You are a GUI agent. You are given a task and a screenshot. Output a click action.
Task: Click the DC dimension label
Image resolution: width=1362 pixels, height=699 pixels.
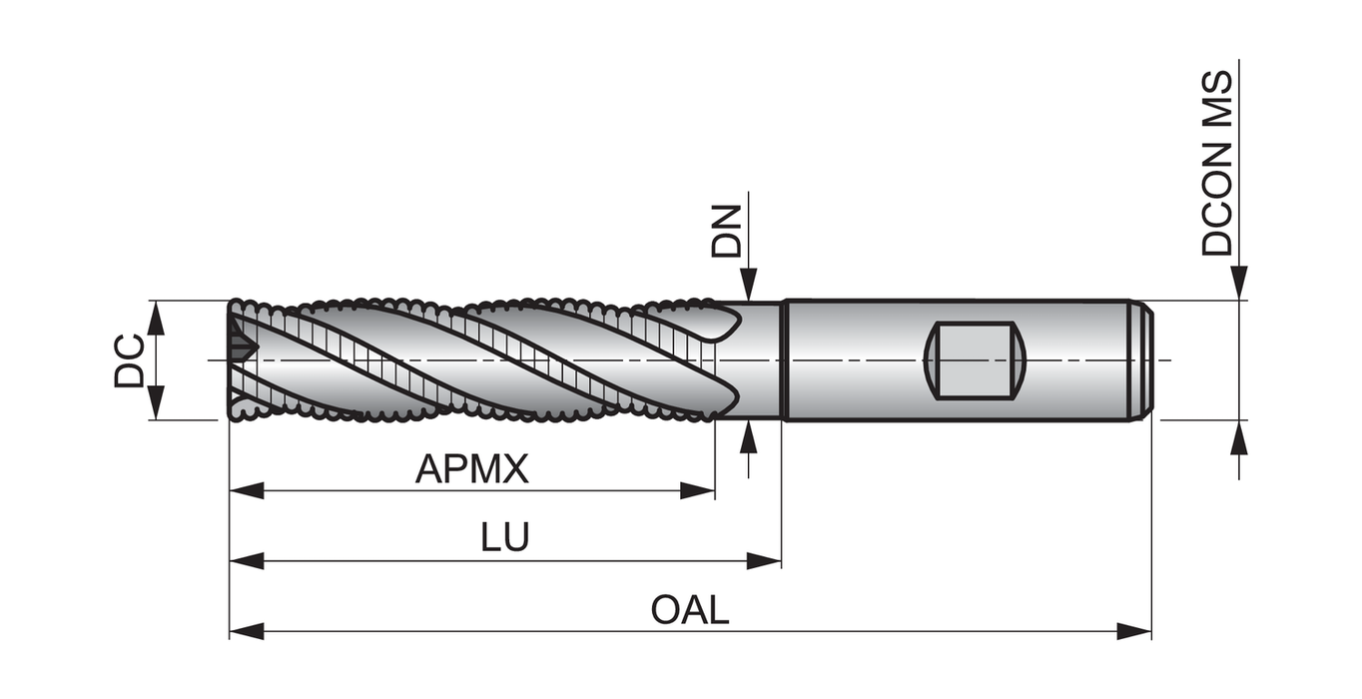pyautogui.click(x=129, y=360)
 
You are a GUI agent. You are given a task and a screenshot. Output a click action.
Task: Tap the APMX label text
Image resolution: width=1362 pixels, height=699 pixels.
pyautogui.click(x=471, y=468)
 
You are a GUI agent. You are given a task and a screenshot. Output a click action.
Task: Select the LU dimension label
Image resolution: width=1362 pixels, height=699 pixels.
pyautogui.click(x=505, y=537)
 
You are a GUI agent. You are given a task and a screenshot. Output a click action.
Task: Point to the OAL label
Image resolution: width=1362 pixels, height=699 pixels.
pyautogui.click(x=690, y=609)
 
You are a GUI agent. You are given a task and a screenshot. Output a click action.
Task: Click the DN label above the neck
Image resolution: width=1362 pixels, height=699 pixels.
pyautogui.click(x=727, y=232)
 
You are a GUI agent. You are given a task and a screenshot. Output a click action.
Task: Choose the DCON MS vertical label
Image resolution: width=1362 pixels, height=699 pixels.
pyautogui.click(x=1218, y=163)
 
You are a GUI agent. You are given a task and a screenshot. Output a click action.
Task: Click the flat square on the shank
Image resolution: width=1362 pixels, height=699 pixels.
pyautogui.click(x=975, y=360)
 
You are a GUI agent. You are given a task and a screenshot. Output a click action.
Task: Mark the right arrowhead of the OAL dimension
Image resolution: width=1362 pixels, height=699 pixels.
pyautogui.click(x=1134, y=631)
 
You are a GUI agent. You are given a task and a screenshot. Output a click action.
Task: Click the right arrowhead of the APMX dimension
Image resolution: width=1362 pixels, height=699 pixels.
pyautogui.click(x=698, y=490)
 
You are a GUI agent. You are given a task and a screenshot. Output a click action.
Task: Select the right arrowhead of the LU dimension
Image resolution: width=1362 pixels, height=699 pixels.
pyautogui.click(x=764, y=560)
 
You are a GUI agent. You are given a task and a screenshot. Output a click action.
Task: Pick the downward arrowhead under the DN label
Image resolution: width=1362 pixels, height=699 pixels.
pyautogui.click(x=748, y=284)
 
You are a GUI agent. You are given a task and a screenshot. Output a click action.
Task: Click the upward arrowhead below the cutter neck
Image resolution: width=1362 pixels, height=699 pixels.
pyautogui.click(x=748, y=436)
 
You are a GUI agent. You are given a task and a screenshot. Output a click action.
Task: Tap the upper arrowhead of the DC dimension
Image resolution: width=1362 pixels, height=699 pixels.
pyautogui.click(x=156, y=318)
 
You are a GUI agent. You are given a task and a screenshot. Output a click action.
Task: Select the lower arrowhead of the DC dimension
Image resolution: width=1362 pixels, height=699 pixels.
pyautogui.click(x=156, y=402)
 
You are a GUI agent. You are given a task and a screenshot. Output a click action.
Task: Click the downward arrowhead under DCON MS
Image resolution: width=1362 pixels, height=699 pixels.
pyautogui.click(x=1239, y=284)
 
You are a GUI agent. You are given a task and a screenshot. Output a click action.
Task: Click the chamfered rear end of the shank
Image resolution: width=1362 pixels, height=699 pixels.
pyautogui.click(x=1146, y=360)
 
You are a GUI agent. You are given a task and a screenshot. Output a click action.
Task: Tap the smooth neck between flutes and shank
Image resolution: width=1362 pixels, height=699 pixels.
pyautogui.click(x=761, y=360)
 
